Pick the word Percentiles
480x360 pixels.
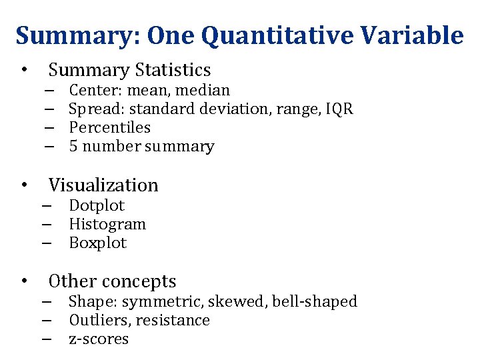tap(110, 127)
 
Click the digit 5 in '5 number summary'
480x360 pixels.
tap(74, 147)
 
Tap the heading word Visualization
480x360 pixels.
tap(103, 185)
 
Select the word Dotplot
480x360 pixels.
tap(97, 206)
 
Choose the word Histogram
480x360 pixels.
tap(107, 225)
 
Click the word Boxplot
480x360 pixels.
tap(98, 243)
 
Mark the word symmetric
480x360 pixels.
tap(156, 302)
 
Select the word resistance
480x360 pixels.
tap(175, 321)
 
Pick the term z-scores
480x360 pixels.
tap(99, 339)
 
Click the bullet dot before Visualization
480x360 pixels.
tap(24, 185)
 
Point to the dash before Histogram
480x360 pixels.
tap(49, 225)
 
